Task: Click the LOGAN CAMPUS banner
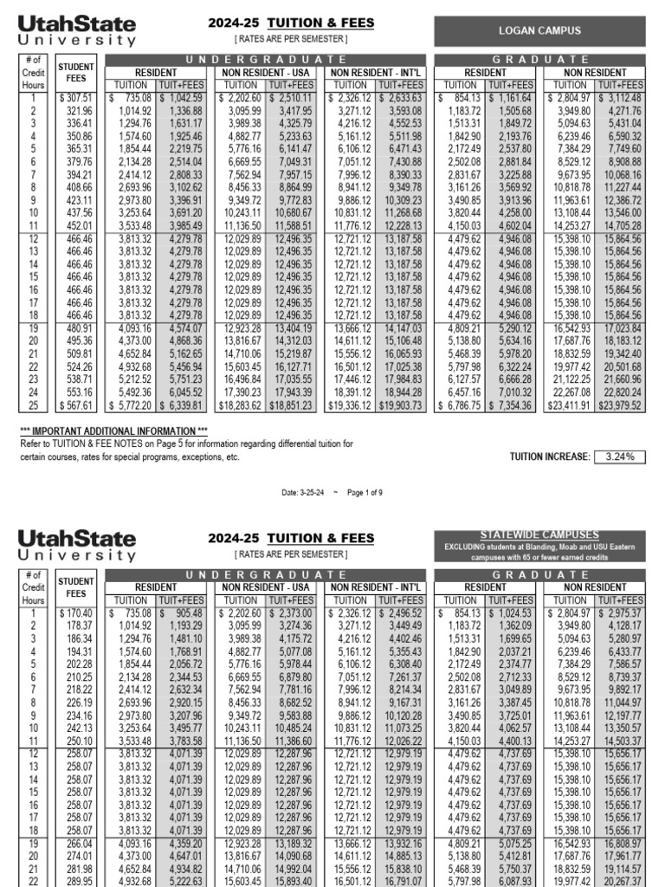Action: point(539,30)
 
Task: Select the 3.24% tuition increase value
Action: point(619,456)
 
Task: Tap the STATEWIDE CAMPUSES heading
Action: point(539,534)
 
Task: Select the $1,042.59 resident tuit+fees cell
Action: point(184,98)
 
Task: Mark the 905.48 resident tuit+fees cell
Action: point(184,612)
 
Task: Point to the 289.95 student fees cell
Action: point(76,880)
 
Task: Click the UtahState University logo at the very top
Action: point(77,30)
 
